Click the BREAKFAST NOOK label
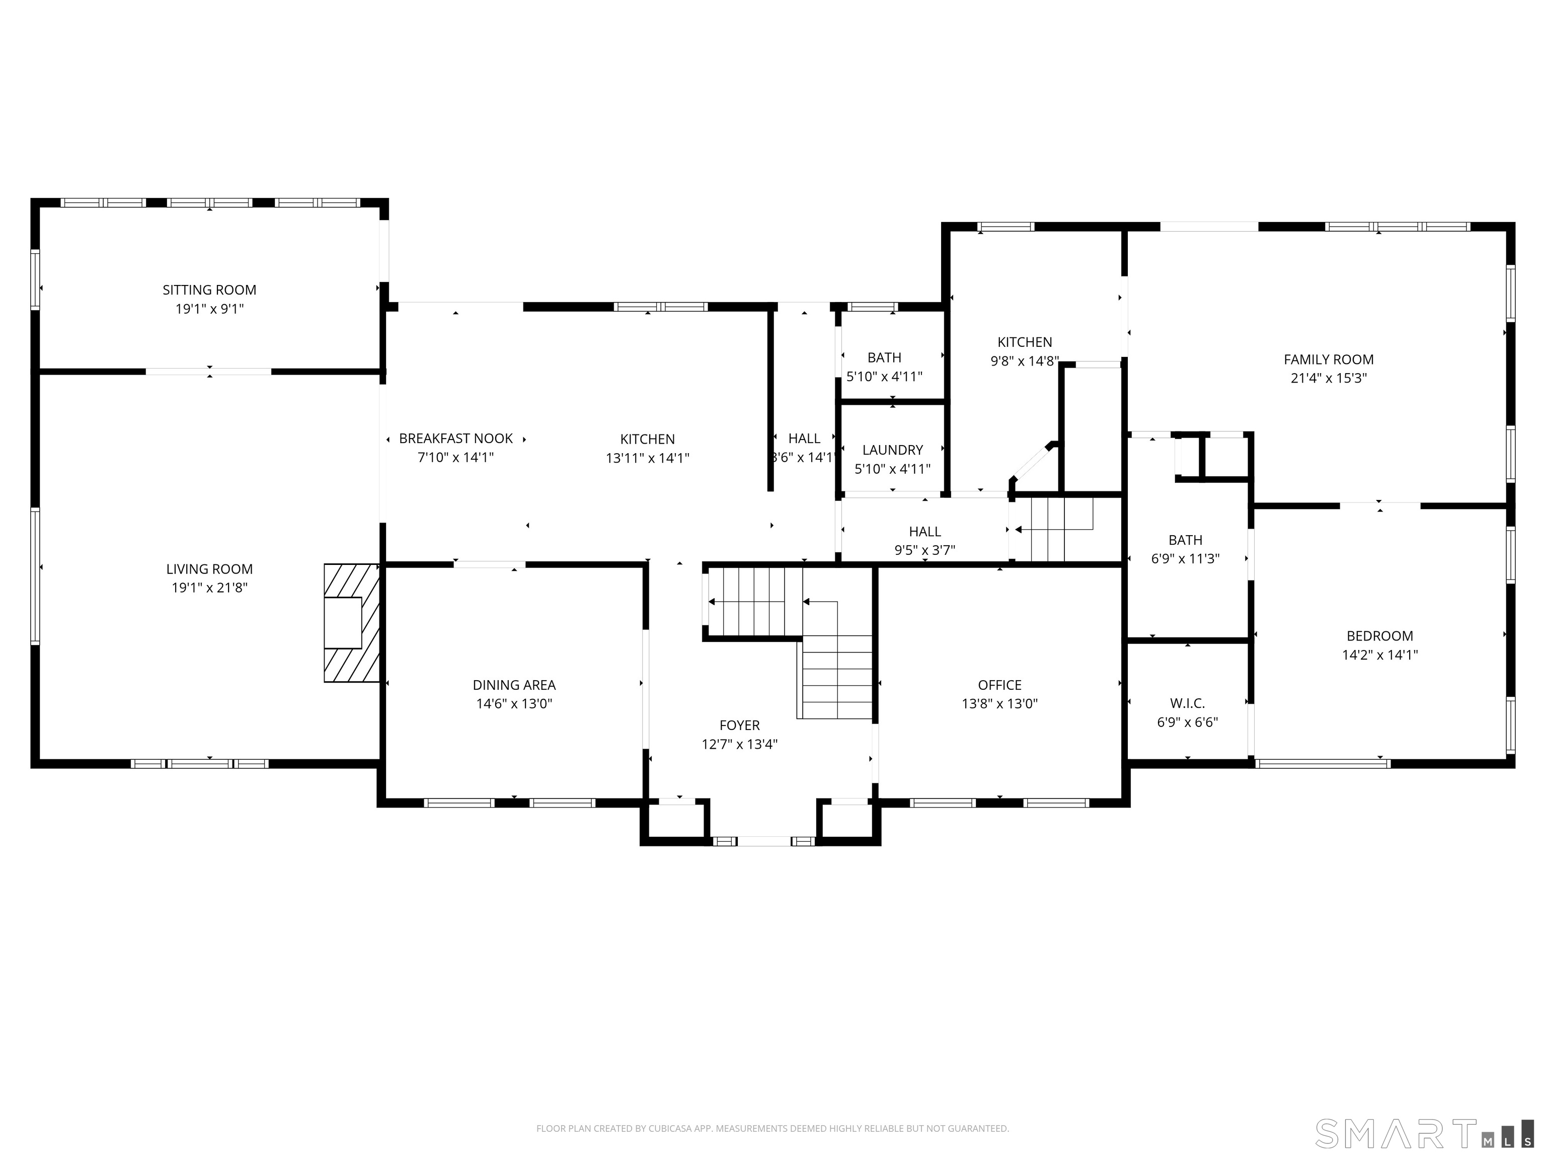tap(455, 439)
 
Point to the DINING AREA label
tap(514, 685)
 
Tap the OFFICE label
tap(999, 685)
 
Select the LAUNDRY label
tap(892, 450)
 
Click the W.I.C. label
tap(1188, 703)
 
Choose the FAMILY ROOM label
tap(1328, 359)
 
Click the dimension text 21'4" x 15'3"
tap(1328, 378)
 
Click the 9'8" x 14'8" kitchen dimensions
tap(1024, 361)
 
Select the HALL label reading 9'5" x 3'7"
tap(924, 531)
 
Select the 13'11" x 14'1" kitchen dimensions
tap(647, 459)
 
